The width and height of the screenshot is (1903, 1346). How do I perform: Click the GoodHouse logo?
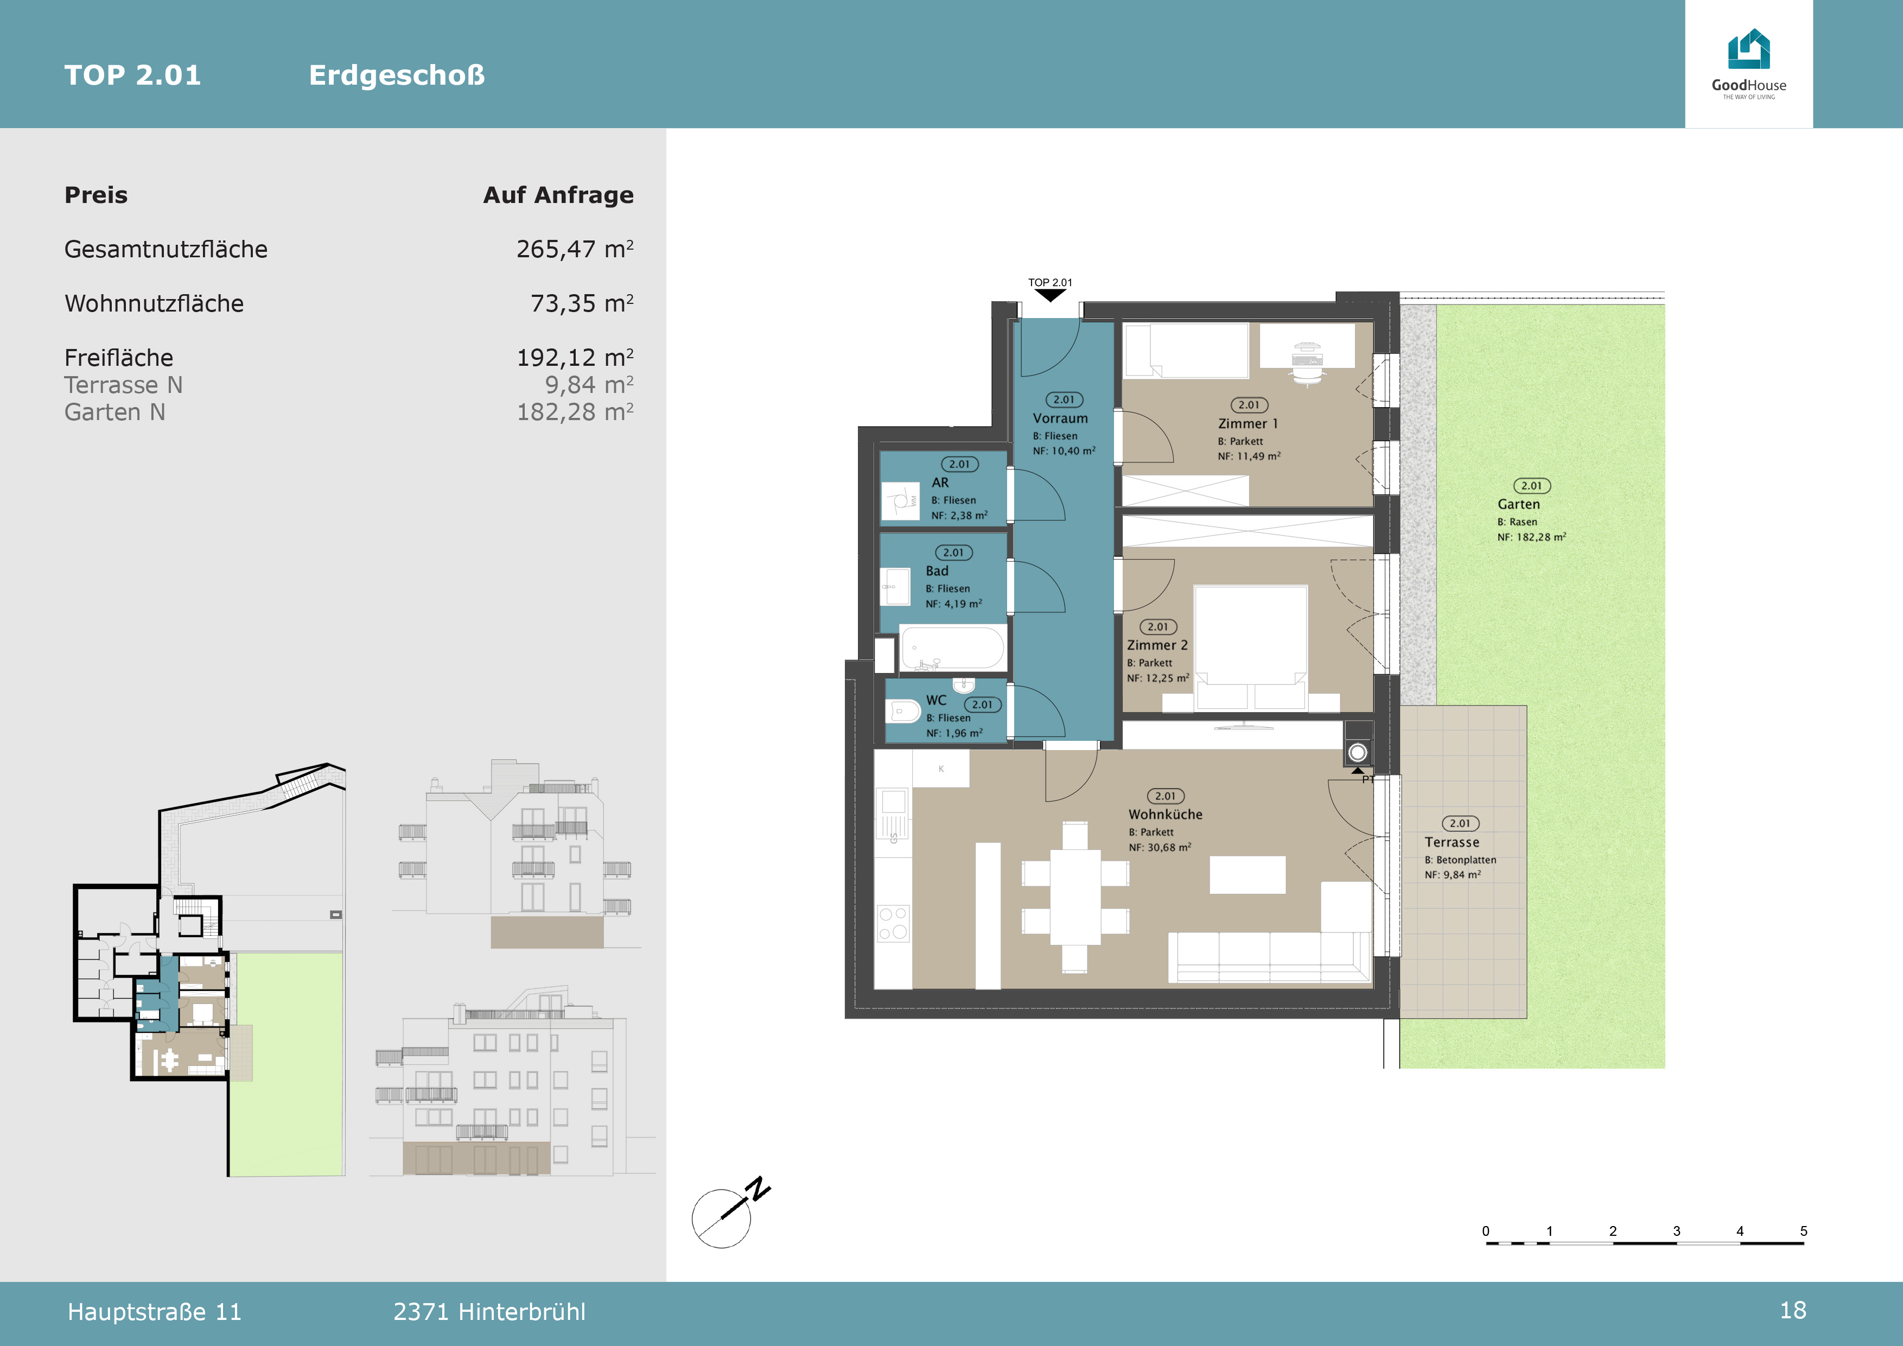1749,64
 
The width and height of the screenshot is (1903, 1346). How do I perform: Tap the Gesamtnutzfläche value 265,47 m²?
575,249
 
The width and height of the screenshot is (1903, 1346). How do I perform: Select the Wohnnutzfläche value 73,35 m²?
582,303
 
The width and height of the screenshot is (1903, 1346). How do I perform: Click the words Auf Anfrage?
558,195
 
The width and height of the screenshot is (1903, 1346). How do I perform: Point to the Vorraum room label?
1060,418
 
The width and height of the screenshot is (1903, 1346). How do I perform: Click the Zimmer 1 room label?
1248,423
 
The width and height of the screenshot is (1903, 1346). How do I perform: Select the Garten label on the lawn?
1518,504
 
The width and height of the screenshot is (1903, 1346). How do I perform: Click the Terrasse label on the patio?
1452,842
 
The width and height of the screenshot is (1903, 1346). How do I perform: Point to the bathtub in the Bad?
952,647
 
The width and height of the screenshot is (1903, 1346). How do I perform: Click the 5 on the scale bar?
1803,1231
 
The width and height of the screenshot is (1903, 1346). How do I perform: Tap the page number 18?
1793,1310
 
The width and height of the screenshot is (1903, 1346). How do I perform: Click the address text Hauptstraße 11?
154,1312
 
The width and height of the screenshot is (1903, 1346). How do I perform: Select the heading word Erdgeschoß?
397,75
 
